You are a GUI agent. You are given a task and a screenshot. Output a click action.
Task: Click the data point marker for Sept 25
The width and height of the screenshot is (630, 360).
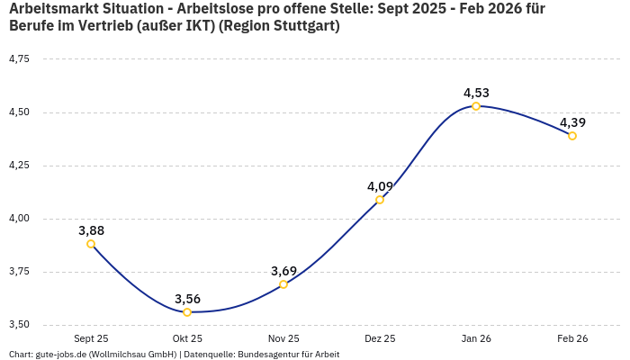click(x=91, y=244)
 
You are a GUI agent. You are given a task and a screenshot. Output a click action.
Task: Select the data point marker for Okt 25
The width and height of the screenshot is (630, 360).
click(x=187, y=312)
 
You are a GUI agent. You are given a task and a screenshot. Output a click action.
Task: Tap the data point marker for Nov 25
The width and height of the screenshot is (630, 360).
click(x=283, y=284)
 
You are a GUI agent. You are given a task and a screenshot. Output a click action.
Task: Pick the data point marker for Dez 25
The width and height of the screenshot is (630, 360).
click(x=380, y=200)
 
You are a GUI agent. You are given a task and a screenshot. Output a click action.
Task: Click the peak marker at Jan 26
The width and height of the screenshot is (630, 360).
click(x=476, y=106)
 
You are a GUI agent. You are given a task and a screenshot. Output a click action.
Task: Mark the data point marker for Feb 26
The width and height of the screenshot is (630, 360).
click(x=572, y=136)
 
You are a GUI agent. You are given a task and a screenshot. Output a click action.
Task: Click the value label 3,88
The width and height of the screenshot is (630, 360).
click(x=91, y=230)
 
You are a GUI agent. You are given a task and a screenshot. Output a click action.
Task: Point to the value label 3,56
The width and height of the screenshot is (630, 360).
click(x=187, y=299)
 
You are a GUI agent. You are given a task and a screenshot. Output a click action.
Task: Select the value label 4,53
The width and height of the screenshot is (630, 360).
click(x=476, y=93)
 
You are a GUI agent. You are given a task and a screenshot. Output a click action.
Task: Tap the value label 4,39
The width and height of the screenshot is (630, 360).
click(x=572, y=122)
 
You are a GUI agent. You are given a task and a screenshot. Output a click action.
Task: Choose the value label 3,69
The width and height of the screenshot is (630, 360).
click(x=283, y=271)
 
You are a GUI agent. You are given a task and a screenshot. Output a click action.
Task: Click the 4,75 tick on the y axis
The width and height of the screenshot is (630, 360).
click(x=19, y=59)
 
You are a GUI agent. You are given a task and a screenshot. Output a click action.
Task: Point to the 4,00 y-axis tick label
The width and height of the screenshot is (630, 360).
click(x=19, y=219)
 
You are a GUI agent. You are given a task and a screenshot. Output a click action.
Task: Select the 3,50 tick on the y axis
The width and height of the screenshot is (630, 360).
click(x=19, y=325)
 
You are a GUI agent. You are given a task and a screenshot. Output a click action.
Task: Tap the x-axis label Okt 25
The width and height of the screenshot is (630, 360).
click(x=187, y=338)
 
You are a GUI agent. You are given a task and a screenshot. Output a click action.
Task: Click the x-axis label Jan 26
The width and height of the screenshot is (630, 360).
click(x=476, y=338)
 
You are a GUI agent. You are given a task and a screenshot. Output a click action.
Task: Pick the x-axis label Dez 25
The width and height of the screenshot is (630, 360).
click(x=380, y=338)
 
